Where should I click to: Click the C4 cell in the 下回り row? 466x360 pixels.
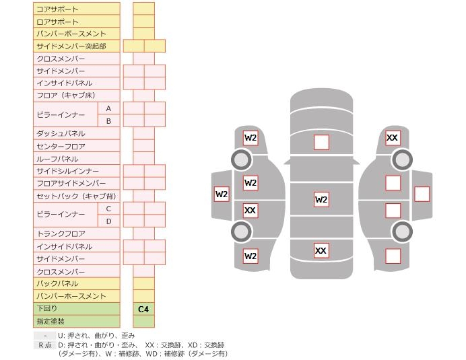click(143, 309)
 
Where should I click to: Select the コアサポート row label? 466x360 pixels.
click(57, 9)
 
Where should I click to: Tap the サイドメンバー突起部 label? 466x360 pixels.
click(71, 46)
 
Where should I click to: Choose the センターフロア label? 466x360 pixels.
click(61, 146)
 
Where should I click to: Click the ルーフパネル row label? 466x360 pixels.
click(57, 159)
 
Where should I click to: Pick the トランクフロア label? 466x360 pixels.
click(61, 233)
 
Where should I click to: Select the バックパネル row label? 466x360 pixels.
click(57, 284)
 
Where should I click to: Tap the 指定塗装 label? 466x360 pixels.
click(51, 322)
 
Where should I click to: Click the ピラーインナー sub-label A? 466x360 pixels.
click(108, 108)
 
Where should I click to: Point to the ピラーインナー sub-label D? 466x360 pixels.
click(108, 221)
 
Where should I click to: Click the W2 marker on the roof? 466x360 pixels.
click(321, 199)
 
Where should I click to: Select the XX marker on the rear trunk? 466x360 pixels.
click(321, 250)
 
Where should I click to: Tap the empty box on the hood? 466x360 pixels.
click(321, 142)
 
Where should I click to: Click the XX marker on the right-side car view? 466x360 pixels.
click(393, 138)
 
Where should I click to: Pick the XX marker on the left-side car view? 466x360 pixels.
click(250, 211)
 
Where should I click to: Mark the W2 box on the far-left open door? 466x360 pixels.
click(222, 194)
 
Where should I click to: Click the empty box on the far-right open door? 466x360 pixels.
click(422, 194)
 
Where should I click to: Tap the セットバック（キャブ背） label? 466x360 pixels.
click(76, 196)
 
